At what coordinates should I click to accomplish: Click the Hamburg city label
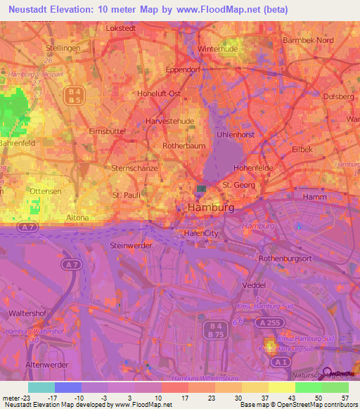point(211,208)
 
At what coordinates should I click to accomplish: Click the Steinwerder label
point(131,245)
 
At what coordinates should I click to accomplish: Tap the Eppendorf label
point(184,70)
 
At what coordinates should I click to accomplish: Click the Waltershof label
point(27,311)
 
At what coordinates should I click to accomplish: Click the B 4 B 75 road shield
point(214,330)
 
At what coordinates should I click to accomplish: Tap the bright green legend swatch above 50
point(308,387)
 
